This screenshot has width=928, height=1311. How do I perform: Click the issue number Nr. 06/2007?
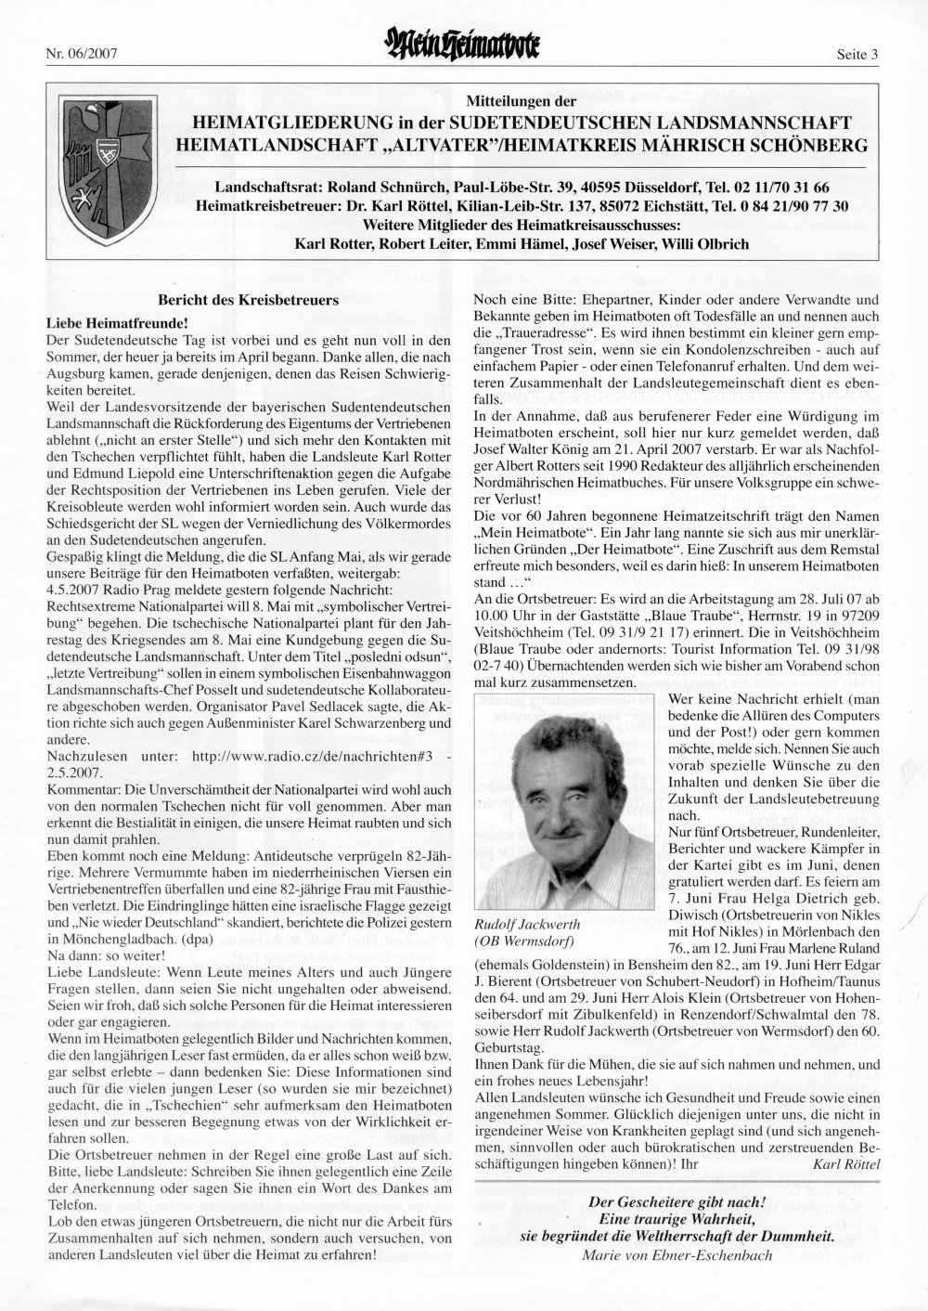[81, 54]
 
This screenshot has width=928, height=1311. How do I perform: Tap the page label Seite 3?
[857, 54]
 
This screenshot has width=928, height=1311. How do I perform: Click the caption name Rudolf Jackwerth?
[526, 925]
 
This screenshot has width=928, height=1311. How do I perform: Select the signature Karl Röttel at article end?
[845, 1162]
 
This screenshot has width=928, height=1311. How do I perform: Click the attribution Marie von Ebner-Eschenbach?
[677, 1255]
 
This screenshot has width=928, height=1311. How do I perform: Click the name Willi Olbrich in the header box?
[714, 244]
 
